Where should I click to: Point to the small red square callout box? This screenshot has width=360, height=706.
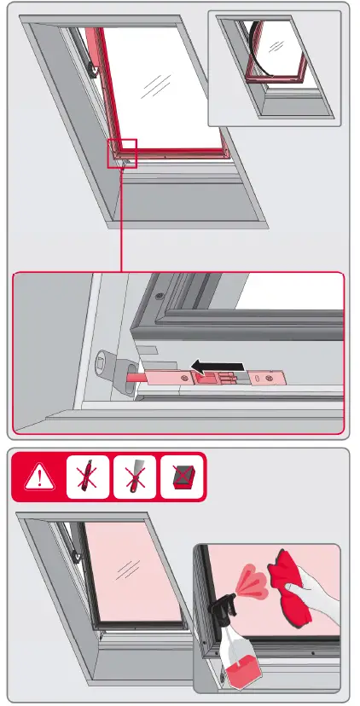tap(122, 153)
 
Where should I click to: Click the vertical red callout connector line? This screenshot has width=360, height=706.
tap(122, 220)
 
